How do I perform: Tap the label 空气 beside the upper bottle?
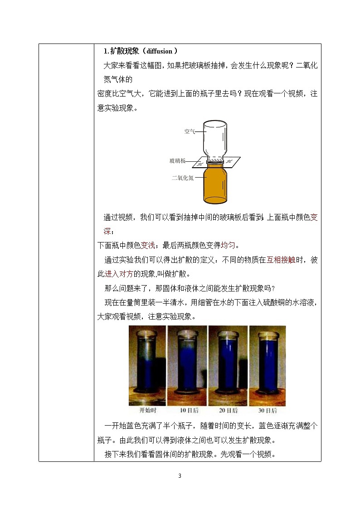tap(190, 132)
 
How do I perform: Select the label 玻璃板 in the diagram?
tap(177, 161)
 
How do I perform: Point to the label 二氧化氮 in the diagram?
tap(183, 178)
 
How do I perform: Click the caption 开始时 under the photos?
tap(148, 411)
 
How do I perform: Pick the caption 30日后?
tap(268, 411)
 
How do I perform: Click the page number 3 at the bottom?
tap(180, 476)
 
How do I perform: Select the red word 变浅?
tap(148, 246)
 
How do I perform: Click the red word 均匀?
tap(228, 246)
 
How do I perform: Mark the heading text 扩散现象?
tap(123, 52)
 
